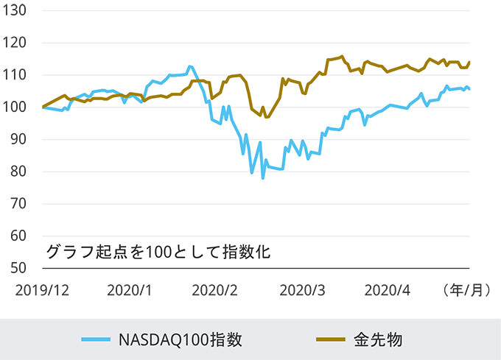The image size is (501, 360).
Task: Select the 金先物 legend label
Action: (377, 339)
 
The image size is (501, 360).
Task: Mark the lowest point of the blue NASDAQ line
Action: (262, 178)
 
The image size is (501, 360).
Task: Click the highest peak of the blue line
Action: (191, 67)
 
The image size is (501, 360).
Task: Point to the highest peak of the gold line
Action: (342, 56)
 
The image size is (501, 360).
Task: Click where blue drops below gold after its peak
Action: (202, 85)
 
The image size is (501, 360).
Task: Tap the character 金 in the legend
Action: (361, 339)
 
